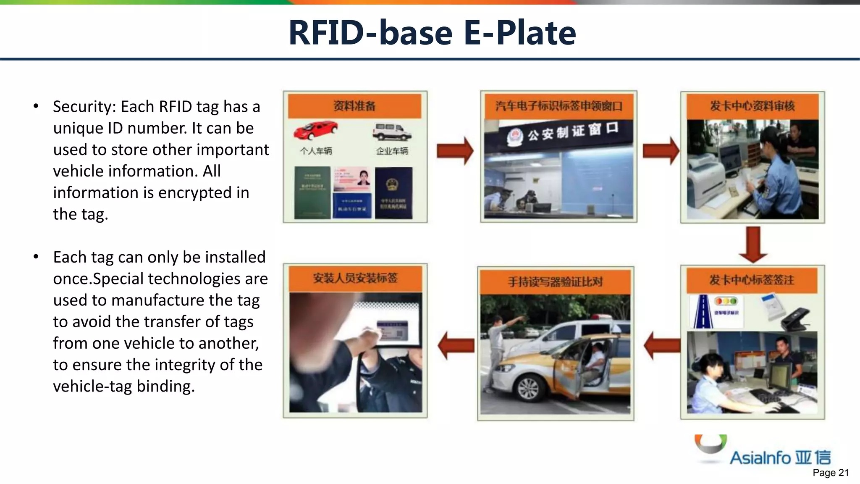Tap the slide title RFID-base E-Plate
[432, 33]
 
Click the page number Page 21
[830, 473]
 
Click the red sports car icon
[315, 130]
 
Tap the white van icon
[391, 132]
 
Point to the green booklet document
[312, 192]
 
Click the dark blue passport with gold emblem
[393, 192]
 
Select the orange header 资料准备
[354, 106]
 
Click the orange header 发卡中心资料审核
[752, 106]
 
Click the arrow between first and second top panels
[455, 150]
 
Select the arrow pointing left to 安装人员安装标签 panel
[456, 345]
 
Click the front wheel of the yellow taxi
[528, 388]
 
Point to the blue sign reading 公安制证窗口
[563, 133]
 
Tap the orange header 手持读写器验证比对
[555, 281]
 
